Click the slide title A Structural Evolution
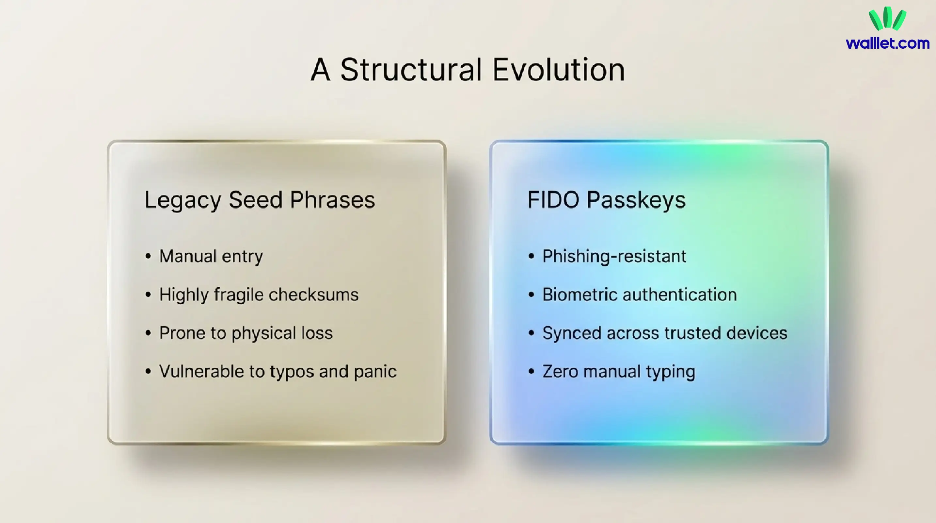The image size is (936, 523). [x=468, y=70]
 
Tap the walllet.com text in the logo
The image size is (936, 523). [x=888, y=43]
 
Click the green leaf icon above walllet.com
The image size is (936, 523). [x=887, y=19]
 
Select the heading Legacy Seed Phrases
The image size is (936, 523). [x=260, y=200]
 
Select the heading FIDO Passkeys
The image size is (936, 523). [x=607, y=200]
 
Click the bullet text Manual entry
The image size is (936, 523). [x=211, y=256]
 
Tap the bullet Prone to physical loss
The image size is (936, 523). [x=246, y=333]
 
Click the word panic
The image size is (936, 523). [x=375, y=372]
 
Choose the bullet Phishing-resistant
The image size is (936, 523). [x=614, y=256]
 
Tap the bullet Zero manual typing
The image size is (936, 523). [x=619, y=372]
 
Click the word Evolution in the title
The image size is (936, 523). [x=559, y=70]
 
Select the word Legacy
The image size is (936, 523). [x=183, y=200]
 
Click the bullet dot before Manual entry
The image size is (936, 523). [x=148, y=256]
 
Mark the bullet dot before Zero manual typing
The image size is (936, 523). [x=531, y=372]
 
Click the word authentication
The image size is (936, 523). [x=679, y=294]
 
